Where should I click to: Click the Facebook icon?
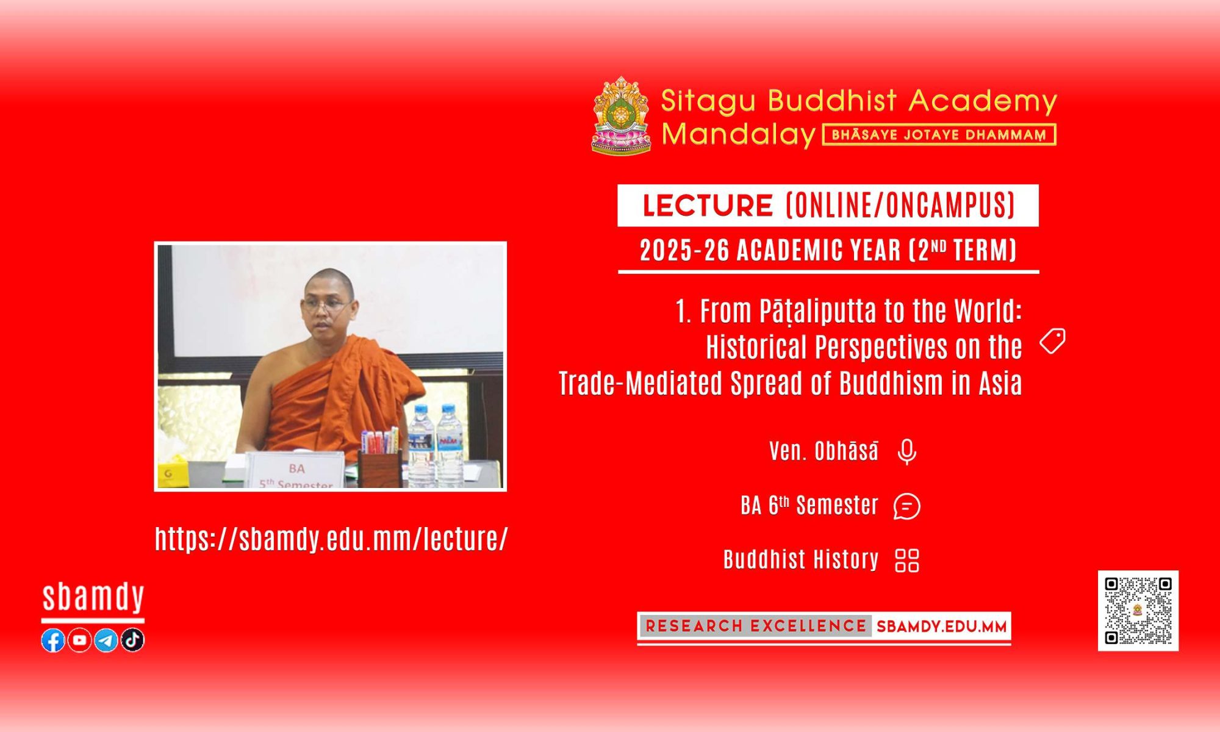click(x=53, y=640)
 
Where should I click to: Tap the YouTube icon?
click(x=79, y=640)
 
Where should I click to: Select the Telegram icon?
click(x=106, y=640)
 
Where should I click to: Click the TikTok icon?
click(x=132, y=640)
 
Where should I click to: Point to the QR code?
click(x=1138, y=611)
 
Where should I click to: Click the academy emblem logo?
click(x=621, y=115)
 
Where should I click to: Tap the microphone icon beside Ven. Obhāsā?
click(x=907, y=452)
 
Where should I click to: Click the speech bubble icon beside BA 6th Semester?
click(x=907, y=506)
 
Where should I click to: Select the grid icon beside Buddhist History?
click(x=907, y=561)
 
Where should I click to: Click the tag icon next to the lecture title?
click(x=1053, y=341)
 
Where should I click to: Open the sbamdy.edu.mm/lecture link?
click(x=331, y=539)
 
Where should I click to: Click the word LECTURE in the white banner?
click(x=708, y=206)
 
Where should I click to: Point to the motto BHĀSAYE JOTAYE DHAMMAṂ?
click(x=939, y=135)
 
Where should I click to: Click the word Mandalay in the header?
click(x=739, y=134)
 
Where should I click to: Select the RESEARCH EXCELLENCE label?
click(x=756, y=626)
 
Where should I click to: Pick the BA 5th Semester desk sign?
click(x=295, y=471)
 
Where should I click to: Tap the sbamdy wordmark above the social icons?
click(x=93, y=597)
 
